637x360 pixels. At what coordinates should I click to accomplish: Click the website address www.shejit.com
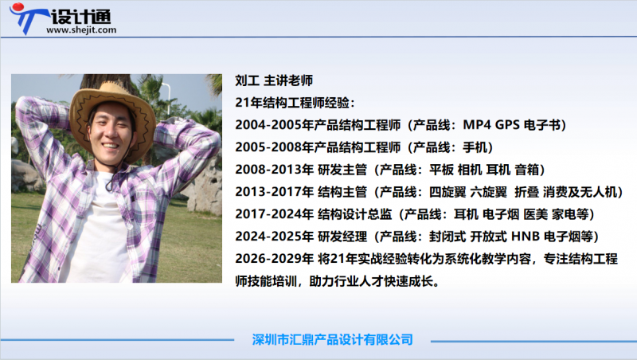point(82,30)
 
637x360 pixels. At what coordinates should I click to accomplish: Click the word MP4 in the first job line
point(478,125)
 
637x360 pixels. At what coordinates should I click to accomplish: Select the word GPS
point(509,125)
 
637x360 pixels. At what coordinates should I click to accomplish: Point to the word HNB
point(526,237)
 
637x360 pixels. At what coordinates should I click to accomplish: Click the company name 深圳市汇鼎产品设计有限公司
point(332,339)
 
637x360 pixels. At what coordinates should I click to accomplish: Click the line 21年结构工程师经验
point(295,103)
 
